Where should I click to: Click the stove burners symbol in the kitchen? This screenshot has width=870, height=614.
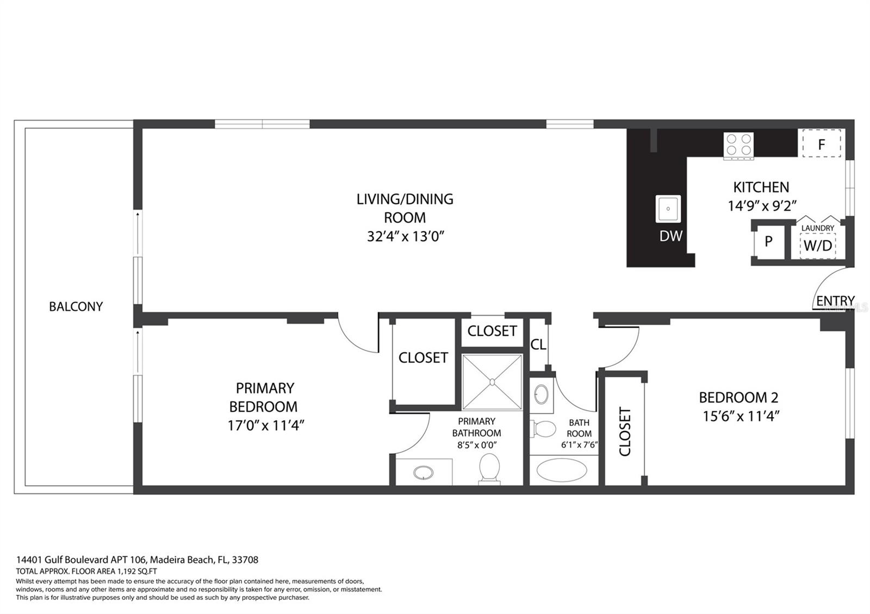738,145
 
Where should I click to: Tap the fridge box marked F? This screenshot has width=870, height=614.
822,144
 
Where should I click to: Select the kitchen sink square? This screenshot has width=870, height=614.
668,209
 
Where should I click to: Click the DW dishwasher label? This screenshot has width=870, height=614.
670,236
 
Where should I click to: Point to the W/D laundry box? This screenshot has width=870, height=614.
818,245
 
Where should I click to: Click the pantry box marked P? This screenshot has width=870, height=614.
768,241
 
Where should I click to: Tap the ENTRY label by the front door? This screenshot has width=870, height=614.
835,301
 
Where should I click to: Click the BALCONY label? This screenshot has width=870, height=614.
76,306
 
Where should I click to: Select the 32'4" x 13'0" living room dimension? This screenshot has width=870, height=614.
406,236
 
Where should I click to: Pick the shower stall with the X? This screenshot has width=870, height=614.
492,381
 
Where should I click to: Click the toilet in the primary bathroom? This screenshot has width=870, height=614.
489,468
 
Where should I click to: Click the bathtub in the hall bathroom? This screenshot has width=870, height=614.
562,471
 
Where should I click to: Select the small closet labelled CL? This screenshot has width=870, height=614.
538,345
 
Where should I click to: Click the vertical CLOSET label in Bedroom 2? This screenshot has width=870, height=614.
625,431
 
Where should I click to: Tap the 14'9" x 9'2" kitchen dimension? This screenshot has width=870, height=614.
762,206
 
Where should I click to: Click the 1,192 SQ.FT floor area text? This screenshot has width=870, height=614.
136,571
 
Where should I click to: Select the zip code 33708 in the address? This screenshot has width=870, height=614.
245,560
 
